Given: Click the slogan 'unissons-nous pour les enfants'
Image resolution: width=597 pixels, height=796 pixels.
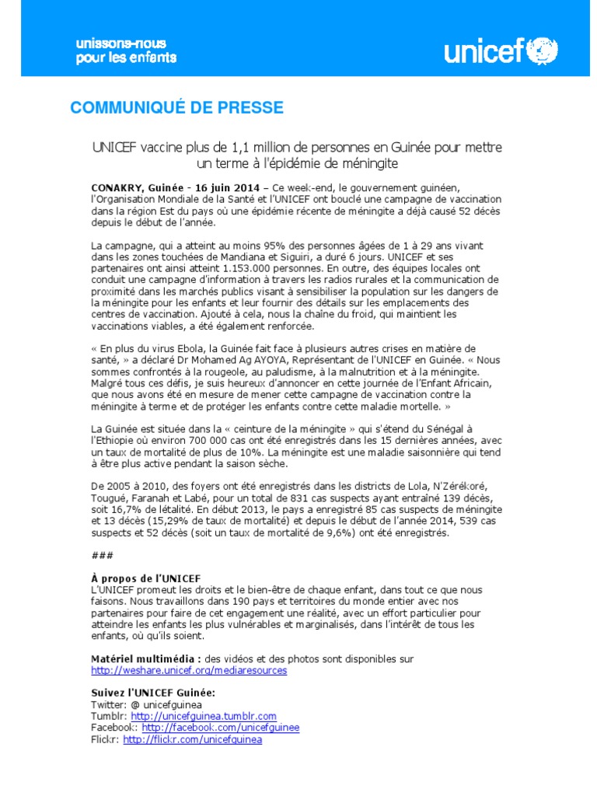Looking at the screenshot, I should (125, 51).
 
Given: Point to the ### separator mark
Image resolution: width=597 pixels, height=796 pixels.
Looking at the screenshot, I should (101, 555).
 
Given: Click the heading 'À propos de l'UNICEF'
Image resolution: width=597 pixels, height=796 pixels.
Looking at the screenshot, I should (146, 578).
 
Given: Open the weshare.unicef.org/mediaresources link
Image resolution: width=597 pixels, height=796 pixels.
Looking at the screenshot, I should (189, 670).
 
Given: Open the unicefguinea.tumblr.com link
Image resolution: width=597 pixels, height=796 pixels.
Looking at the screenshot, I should (204, 716).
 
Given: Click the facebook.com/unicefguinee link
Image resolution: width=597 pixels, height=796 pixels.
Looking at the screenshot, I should (220, 728).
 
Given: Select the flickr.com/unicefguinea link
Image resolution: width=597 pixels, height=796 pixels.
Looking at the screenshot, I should (192, 740).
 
